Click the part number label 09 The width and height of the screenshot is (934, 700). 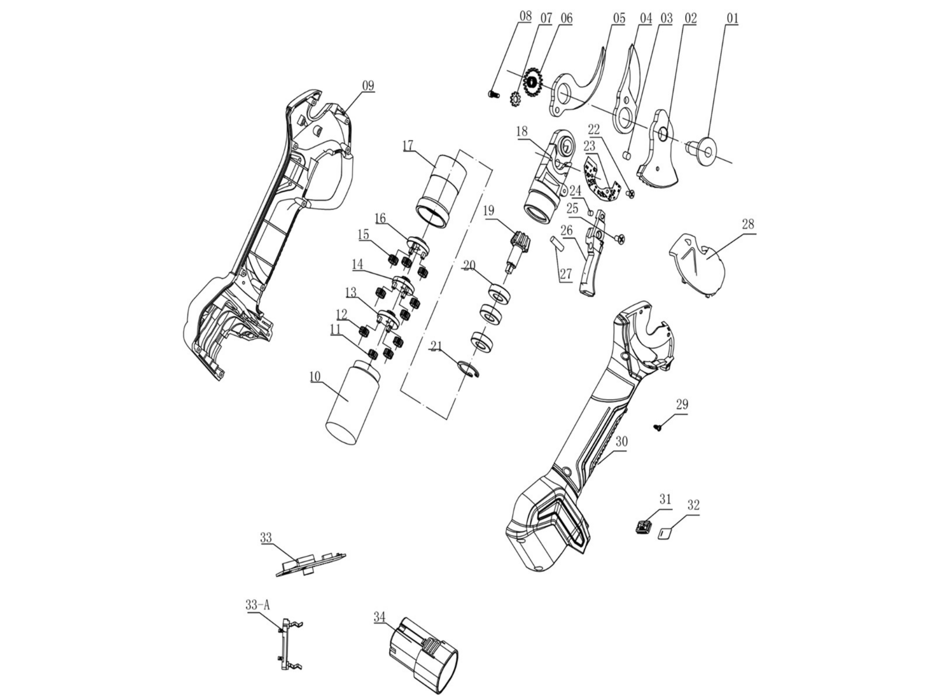[368, 85]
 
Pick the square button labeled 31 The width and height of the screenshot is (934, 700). [644, 526]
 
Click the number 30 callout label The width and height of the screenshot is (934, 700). [621, 441]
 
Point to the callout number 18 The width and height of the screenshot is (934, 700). [522, 131]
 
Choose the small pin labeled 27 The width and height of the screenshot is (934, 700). [558, 243]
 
